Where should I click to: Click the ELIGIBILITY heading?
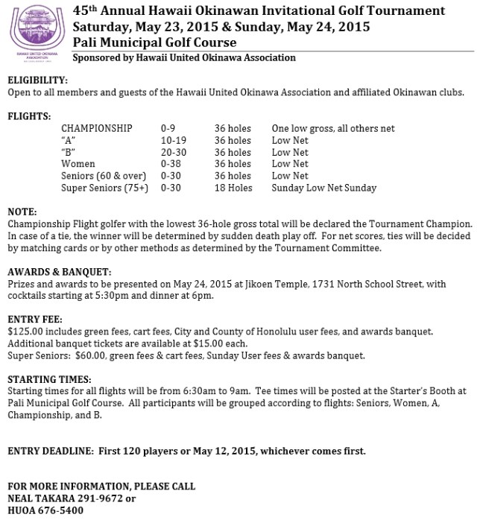(37, 80)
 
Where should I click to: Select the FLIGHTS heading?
(29, 116)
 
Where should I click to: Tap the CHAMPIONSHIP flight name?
(97, 129)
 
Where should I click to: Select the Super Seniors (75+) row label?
(105, 188)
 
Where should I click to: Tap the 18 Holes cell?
(233, 188)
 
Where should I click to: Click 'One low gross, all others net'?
(333, 129)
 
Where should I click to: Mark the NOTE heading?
(20, 212)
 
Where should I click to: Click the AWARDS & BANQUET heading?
(59, 272)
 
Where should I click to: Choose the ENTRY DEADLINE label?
(49, 451)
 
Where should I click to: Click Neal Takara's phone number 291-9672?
(101, 498)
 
